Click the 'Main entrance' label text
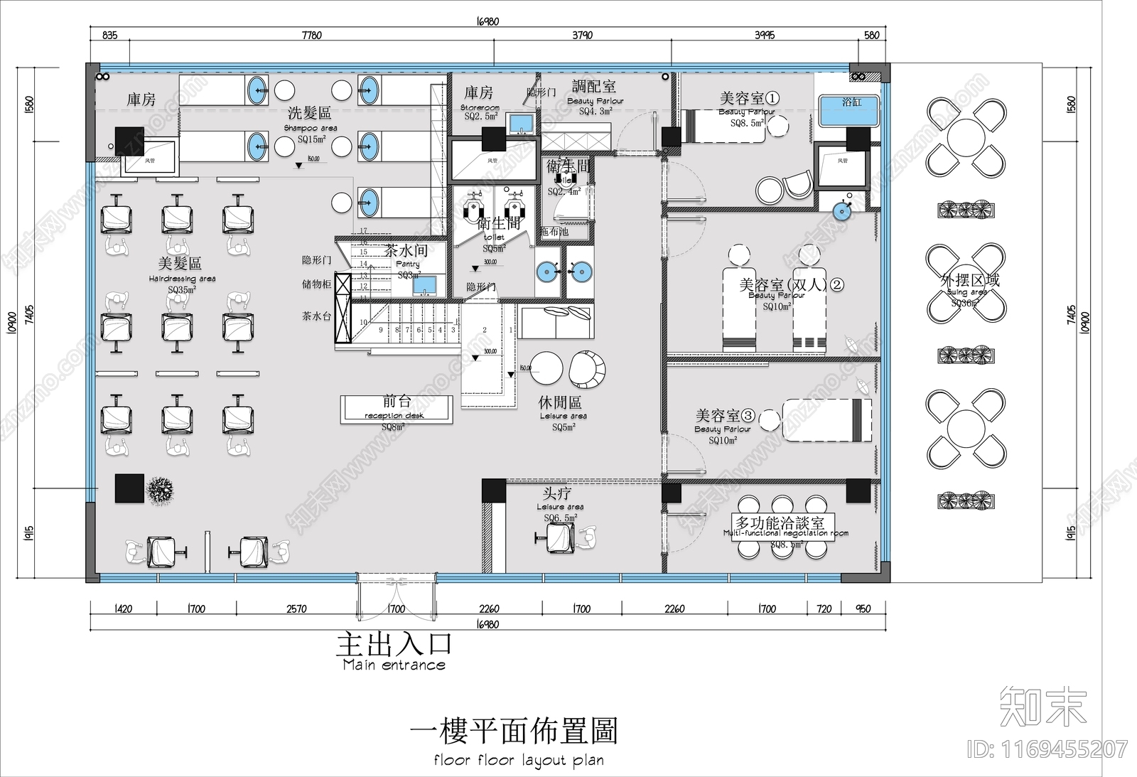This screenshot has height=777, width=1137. pos(394,665)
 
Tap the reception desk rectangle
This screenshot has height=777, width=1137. pos(396,409)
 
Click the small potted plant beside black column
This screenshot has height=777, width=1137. pos(161,490)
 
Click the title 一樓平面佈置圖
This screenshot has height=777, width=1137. pos(514,730)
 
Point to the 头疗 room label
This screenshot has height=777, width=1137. pos(556,493)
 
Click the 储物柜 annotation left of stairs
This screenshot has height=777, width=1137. pos(316,284)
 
